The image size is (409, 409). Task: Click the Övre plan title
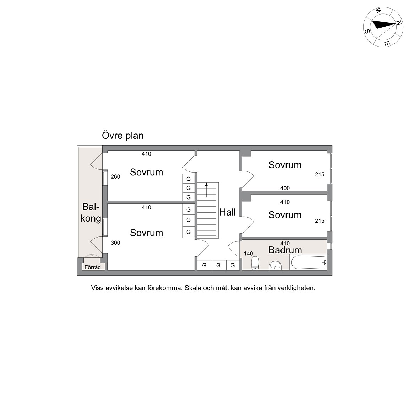122,136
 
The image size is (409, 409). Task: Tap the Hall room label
228,212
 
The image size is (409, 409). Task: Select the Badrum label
285,250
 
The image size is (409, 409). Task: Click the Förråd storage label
93,267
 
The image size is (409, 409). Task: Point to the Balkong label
91,213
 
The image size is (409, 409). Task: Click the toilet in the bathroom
255,263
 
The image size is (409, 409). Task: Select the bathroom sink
276,265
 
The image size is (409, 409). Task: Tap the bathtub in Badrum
309,262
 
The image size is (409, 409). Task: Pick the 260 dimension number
115,176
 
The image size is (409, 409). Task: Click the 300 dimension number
115,243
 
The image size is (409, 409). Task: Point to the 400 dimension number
285,188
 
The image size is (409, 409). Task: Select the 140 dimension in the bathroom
248,253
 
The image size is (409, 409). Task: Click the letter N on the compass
399,23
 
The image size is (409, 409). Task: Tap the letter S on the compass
367,32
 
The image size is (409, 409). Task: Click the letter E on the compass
387,43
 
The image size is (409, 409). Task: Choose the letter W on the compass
378,11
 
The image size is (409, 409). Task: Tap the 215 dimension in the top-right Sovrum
320,175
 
